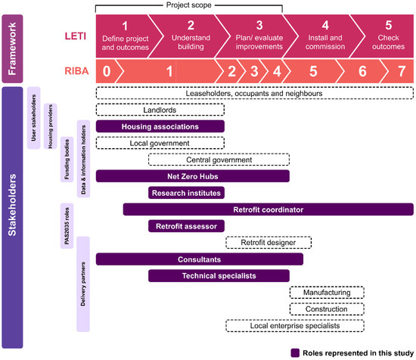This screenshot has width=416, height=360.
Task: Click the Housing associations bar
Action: [160, 126]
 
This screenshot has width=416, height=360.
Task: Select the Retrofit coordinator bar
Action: [268, 209]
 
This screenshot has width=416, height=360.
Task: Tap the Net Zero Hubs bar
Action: [193, 176]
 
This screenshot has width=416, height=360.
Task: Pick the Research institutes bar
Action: [186, 193]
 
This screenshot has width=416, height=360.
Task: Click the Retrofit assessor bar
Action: [186, 225]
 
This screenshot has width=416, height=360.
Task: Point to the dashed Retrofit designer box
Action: [269, 242]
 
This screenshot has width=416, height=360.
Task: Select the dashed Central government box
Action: [219, 160]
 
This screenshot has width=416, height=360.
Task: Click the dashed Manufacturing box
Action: [327, 292]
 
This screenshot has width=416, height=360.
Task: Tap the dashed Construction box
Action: [327, 309]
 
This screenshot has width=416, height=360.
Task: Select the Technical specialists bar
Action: [219, 275]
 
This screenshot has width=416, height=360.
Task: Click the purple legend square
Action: [293, 352]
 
